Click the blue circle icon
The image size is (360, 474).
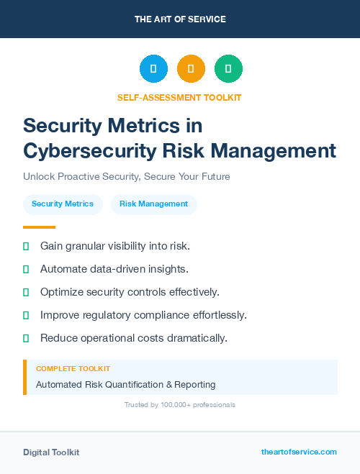coord(153,69)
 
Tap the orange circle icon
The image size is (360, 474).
coord(191,69)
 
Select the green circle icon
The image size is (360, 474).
coord(228,69)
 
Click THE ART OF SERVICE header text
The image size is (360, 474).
coord(180,19)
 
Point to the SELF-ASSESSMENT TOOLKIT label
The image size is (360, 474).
coord(179,97)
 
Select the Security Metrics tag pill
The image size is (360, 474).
coord(63,204)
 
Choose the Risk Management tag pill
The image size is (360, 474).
coord(153,204)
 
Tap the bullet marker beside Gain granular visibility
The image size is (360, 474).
coord(26,246)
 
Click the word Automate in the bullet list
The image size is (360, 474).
coord(63,269)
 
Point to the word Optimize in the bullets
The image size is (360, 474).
coord(62,292)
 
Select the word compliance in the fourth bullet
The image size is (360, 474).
coord(164,315)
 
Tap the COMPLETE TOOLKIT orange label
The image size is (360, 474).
coord(73,369)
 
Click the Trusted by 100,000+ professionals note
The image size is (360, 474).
coord(179,405)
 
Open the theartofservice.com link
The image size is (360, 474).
coord(299,452)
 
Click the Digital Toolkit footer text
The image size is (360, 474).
coord(51,452)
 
